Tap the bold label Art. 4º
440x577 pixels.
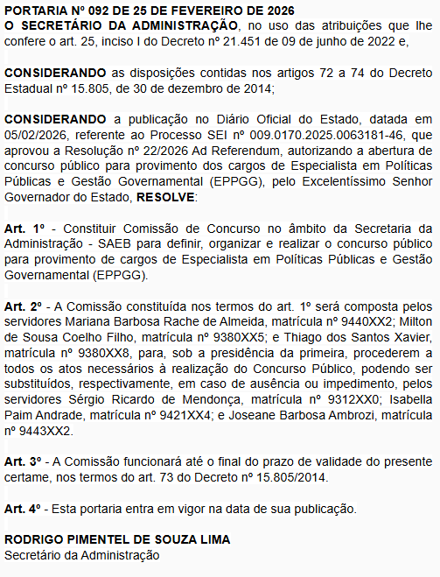click(x=23, y=507)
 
